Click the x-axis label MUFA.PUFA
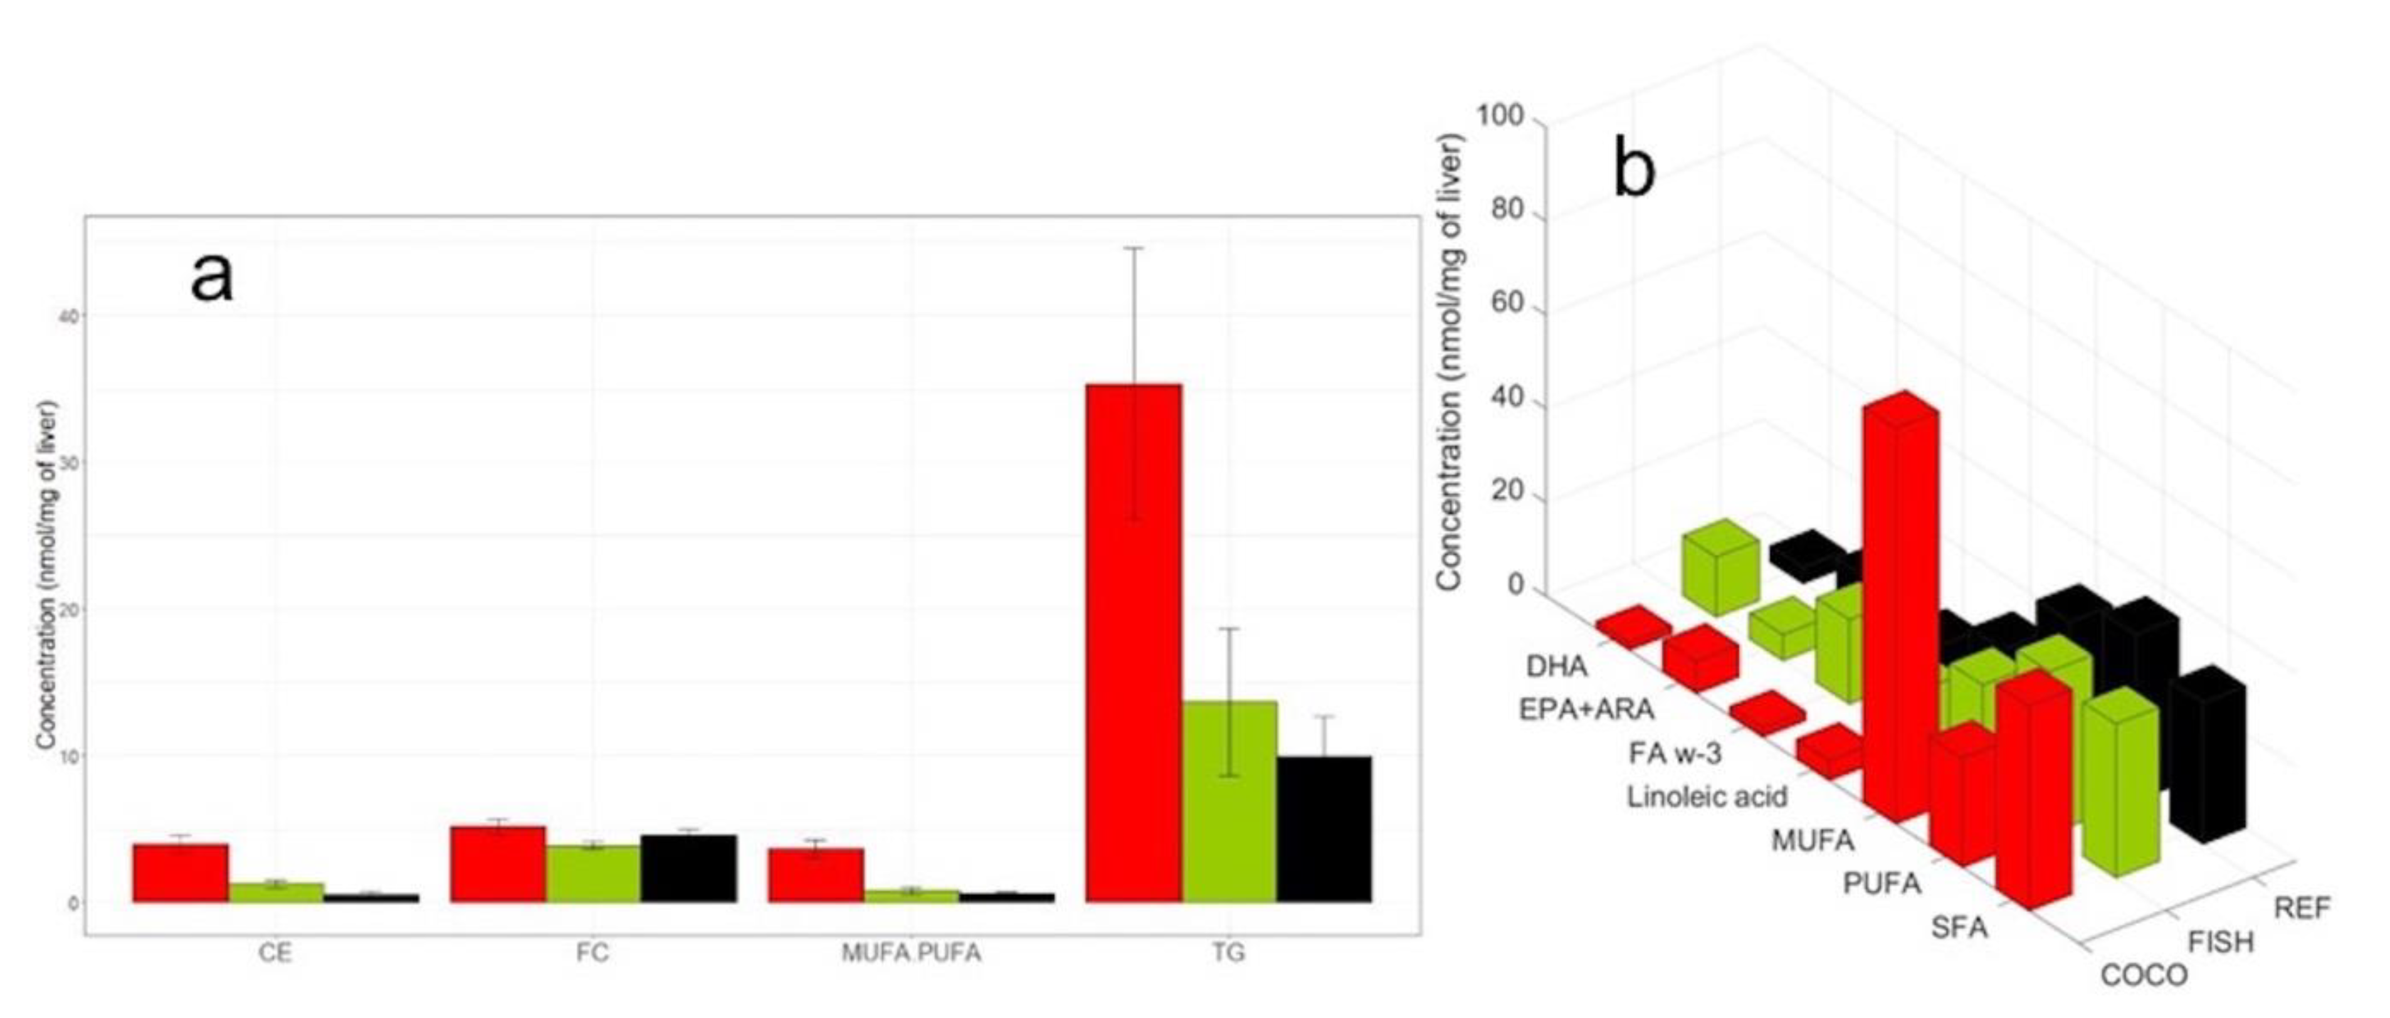[x=910, y=953]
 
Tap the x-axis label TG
[x=1228, y=953]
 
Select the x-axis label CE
[x=276, y=953]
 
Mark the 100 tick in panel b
[x=1499, y=117]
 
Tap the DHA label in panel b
[x=1556, y=666]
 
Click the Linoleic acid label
[x=1706, y=796]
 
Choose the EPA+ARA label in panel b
[x=1586, y=710]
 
